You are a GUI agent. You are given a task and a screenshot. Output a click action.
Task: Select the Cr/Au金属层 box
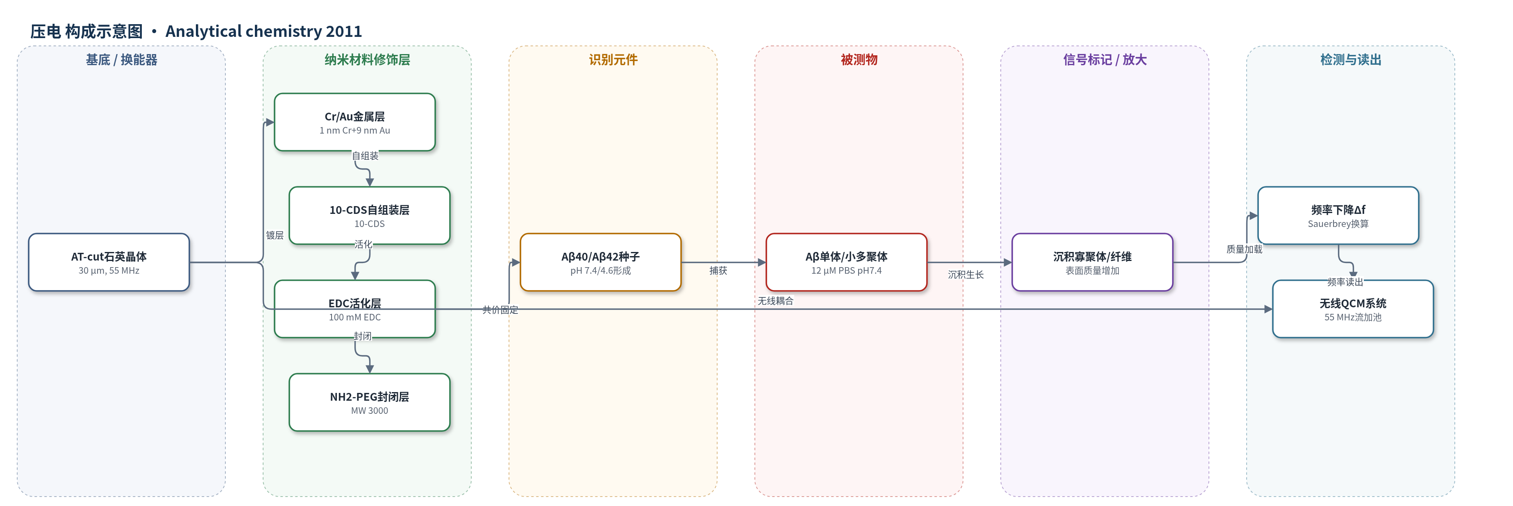(x=355, y=122)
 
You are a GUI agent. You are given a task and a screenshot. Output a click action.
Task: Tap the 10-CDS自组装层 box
(x=370, y=216)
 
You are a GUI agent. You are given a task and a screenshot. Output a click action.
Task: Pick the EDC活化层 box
(x=355, y=309)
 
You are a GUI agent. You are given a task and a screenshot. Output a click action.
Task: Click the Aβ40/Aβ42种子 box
(x=600, y=262)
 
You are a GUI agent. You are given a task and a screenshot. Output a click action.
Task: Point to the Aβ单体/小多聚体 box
(x=846, y=262)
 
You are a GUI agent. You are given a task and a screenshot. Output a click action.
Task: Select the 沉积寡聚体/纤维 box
(x=1093, y=262)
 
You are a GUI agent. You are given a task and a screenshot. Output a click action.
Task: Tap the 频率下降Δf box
(x=1338, y=216)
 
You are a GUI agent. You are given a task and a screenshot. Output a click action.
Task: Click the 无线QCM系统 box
(x=1353, y=309)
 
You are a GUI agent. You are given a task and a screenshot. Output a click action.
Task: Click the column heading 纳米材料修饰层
(x=367, y=60)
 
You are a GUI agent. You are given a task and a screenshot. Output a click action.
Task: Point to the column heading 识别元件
(x=613, y=60)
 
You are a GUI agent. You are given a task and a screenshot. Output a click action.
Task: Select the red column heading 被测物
(x=859, y=60)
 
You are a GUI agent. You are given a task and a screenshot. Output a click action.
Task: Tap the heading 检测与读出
(x=1350, y=60)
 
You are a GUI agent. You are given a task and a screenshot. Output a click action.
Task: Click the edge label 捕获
(x=718, y=270)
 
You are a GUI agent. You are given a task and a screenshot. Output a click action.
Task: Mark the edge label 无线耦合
(x=775, y=301)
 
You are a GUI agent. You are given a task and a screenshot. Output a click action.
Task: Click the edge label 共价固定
(x=500, y=310)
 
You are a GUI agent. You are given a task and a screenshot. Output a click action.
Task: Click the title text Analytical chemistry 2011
(x=264, y=31)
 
